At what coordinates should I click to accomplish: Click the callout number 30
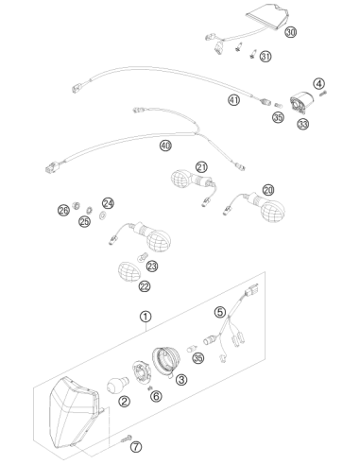point(291,32)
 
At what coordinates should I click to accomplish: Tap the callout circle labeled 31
point(266,57)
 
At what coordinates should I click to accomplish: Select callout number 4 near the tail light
point(318,84)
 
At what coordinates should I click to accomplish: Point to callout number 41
point(233,100)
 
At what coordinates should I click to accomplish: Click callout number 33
point(302,124)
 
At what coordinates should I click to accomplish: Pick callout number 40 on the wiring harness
point(165,146)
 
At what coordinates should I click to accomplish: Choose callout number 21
point(201,167)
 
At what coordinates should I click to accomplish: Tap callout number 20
point(268,190)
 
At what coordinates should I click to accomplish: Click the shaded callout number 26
point(63,210)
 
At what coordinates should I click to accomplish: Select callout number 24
point(108,203)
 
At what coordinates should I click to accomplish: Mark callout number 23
point(152,267)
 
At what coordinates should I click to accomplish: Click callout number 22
point(145,286)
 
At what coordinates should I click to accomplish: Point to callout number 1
point(146,317)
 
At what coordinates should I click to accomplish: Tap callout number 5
point(220,312)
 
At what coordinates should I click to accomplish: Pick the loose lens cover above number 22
point(129,270)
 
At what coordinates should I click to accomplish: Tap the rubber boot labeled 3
point(166,361)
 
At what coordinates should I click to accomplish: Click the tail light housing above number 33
point(302,102)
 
